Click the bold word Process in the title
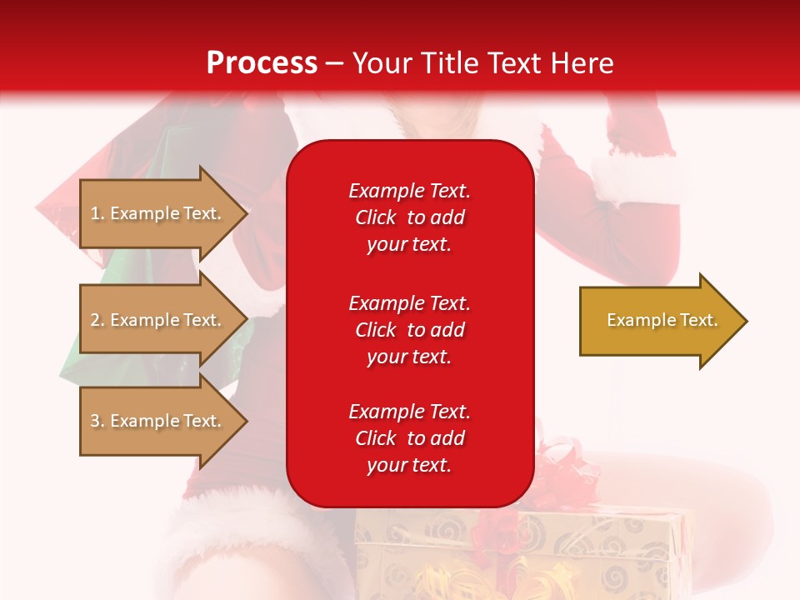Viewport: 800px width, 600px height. [262, 63]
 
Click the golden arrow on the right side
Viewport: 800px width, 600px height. [658, 321]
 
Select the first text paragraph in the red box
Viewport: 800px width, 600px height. [409, 217]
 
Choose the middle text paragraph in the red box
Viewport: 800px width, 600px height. [409, 330]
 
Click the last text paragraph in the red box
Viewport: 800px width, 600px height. [409, 438]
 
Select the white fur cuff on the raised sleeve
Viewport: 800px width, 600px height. [637, 179]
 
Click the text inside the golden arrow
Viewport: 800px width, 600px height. [662, 320]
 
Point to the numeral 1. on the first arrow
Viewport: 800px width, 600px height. [97, 213]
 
